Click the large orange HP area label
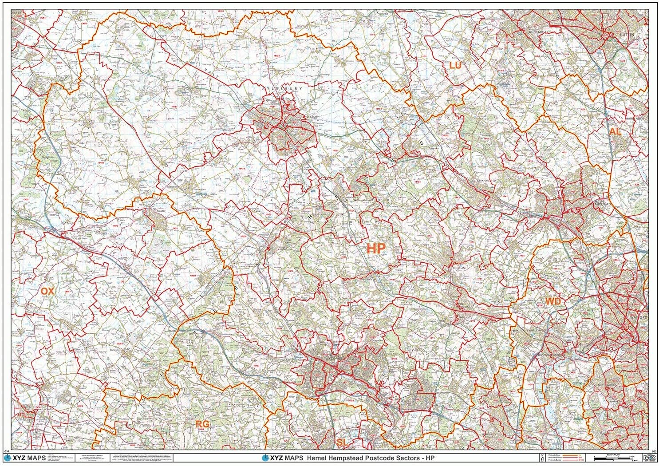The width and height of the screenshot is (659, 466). [376, 249]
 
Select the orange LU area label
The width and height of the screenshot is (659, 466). [455, 65]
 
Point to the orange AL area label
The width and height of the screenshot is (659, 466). [615, 131]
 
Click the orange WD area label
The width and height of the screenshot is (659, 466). [553, 302]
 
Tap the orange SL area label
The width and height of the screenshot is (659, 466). [341, 442]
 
